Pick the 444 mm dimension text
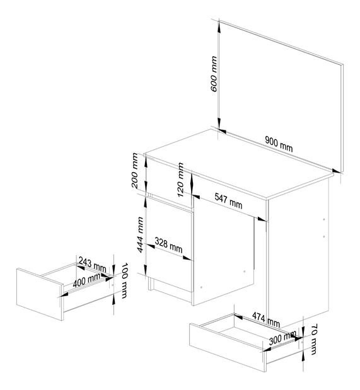point(135,235)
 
